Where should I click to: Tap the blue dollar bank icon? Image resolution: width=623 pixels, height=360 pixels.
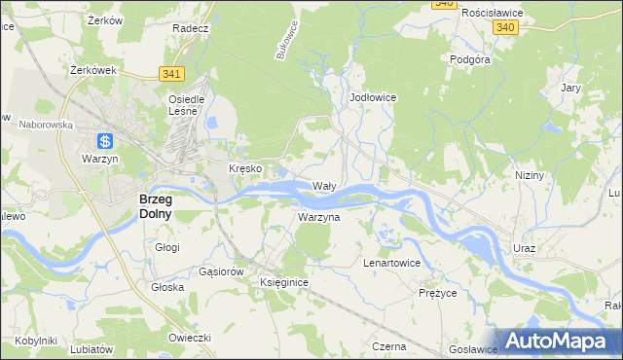pyautogui.click(x=105, y=141)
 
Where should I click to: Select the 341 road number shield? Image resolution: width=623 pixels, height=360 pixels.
pyautogui.click(x=172, y=74)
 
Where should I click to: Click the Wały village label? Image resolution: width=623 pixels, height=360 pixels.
pyautogui.click(x=323, y=185)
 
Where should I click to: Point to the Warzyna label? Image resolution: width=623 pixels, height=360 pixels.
pyautogui.click(x=318, y=217)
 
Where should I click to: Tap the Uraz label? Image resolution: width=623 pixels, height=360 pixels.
pyautogui.click(x=525, y=248)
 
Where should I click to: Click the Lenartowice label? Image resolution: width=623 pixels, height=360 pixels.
pyautogui.click(x=391, y=263)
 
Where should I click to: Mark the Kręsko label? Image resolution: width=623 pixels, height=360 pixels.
pyautogui.click(x=245, y=168)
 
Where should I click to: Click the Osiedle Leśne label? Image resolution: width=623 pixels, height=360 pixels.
pyautogui.click(x=186, y=104)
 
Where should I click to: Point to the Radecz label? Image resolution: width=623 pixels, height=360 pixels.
pyautogui.click(x=191, y=28)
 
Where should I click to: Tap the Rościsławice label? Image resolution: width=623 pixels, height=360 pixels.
pyautogui.click(x=493, y=13)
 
